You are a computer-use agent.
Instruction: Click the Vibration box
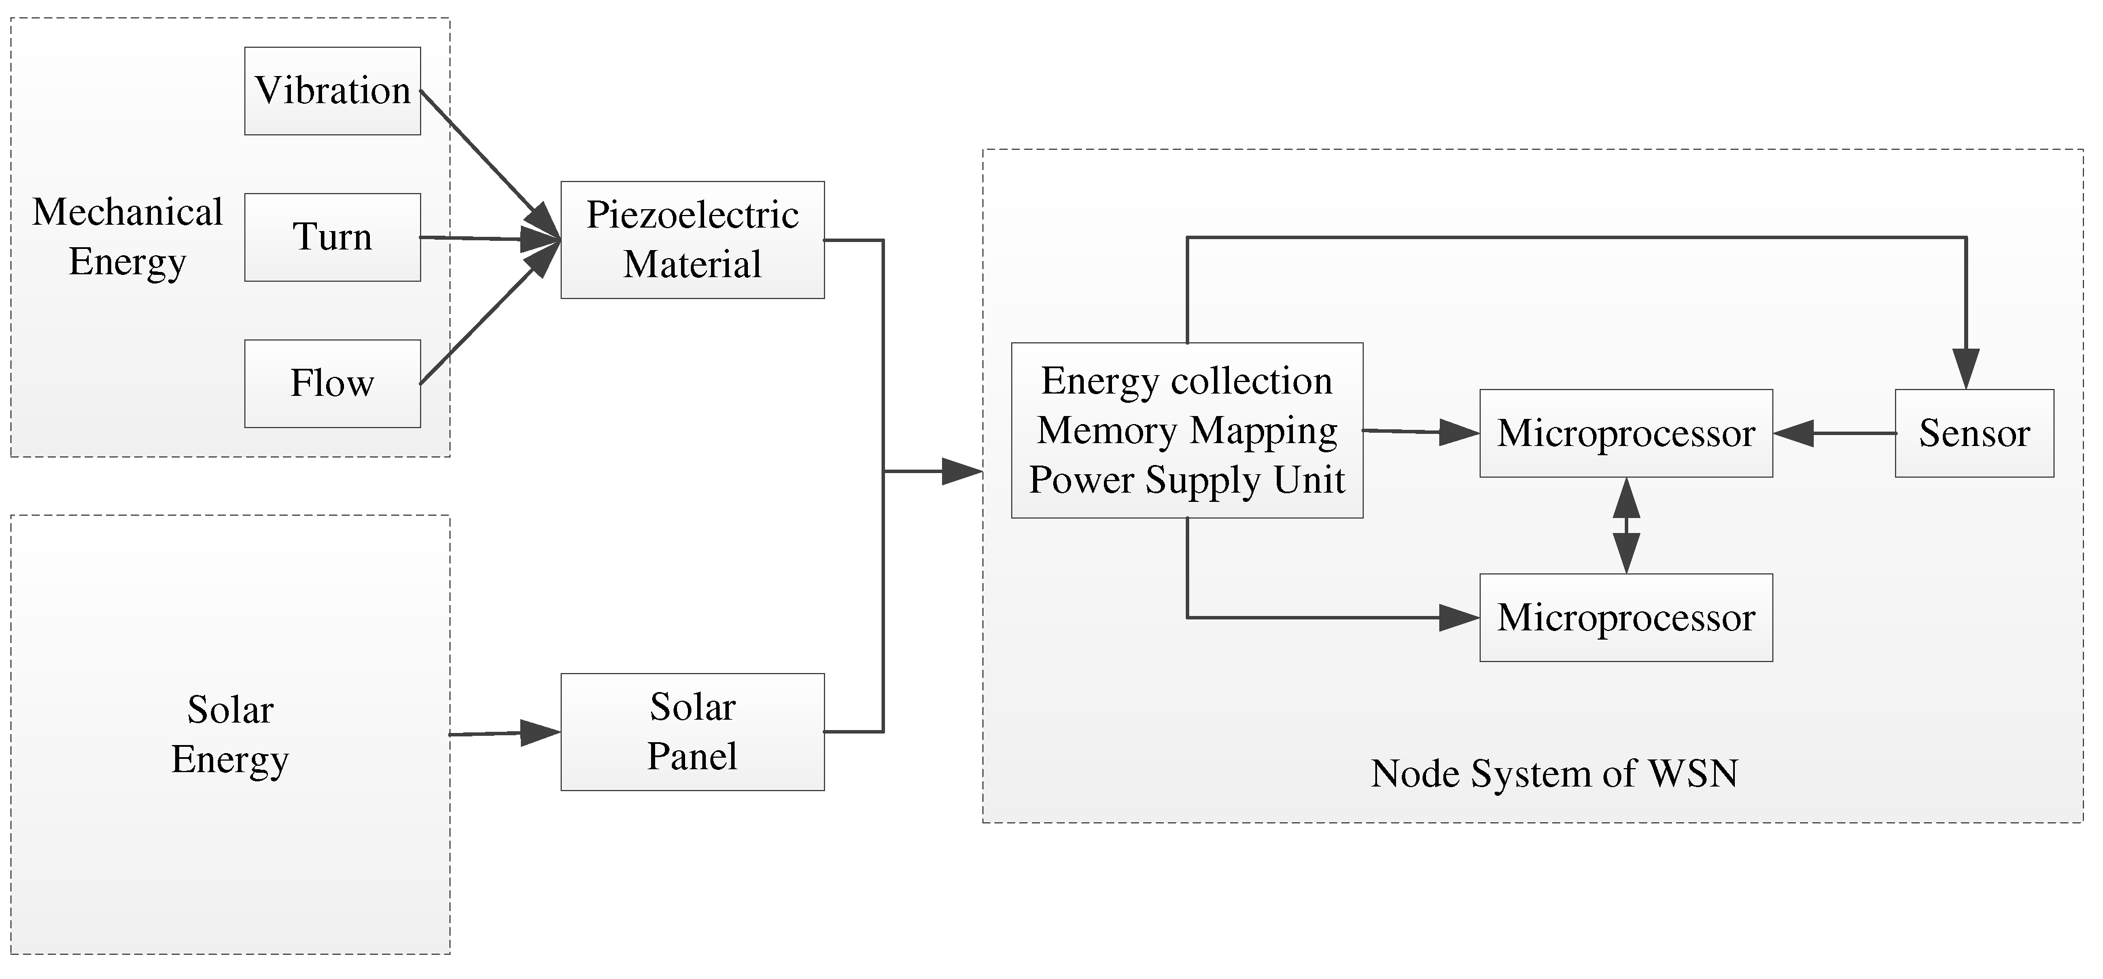tap(332, 90)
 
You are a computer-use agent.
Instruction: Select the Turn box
tap(332, 237)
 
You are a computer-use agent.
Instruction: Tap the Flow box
tap(332, 384)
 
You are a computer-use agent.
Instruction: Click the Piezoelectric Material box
tap(693, 240)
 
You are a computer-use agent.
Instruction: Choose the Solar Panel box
tap(693, 732)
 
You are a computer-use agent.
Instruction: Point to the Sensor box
tap(1974, 433)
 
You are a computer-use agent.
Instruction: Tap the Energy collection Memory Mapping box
tap(1187, 430)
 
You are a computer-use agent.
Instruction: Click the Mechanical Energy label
tap(127, 237)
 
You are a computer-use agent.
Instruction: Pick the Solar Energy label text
tap(230, 734)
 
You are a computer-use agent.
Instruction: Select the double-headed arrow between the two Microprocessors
tap(1627, 526)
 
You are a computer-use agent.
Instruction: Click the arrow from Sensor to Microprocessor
tap(1833, 433)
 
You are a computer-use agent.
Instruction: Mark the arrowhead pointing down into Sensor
tap(1966, 369)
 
